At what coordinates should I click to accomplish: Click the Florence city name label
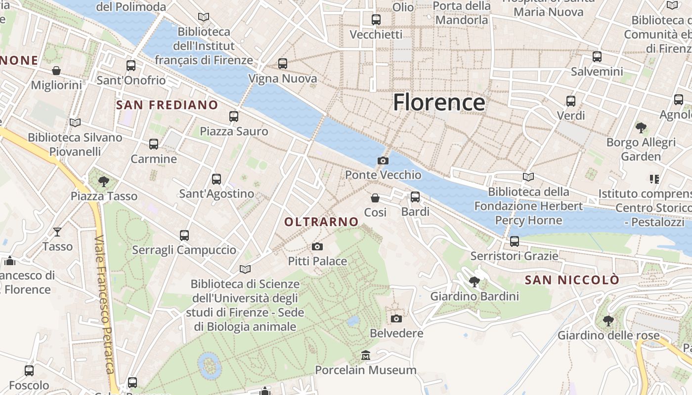click(x=439, y=103)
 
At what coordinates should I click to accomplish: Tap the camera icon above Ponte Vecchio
click(x=383, y=160)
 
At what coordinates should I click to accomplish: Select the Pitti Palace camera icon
click(x=317, y=246)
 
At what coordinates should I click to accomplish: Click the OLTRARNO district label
click(x=321, y=222)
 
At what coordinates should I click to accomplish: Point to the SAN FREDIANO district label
click(x=167, y=105)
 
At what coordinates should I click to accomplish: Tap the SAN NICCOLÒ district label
click(x=572, y=280)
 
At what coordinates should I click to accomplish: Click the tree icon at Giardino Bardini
click(x=475, y=282)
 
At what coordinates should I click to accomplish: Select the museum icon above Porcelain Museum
click(x=366, y=355)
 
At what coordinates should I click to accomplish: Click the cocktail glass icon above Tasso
click(x=57, y=232)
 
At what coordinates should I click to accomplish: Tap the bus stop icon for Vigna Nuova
click(x=283, y=64)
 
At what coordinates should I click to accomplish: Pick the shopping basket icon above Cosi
click(x=375, y=198)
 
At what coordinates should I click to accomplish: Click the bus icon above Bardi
click(x=415, y=197)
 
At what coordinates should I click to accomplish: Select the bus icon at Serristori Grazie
click(x=515, y=241)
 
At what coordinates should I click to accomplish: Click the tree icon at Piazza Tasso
click(x=104, y=182)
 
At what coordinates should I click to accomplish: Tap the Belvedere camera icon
click(x=396, y=319)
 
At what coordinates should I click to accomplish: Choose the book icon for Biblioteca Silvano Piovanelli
click(x=75, y=122)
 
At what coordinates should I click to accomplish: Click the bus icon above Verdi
click(x=571, y=101)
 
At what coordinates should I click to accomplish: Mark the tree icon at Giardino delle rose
click(x=608, y=321)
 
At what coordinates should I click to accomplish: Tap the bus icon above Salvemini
click(x=597, y=57)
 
